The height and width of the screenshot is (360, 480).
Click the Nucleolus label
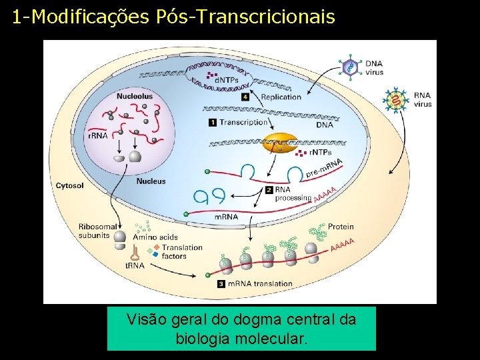coord(134,96)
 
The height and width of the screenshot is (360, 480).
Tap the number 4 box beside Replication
coord(246,97)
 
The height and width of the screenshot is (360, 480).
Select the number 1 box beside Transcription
coord(213,122)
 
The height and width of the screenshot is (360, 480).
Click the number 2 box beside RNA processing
coord(269,189)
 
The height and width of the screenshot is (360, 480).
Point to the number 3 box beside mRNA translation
coord(221,284)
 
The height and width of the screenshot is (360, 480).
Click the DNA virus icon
coord(350,66)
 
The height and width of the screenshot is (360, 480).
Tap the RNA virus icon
coord(398,100)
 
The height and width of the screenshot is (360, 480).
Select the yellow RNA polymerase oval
coord(279,142)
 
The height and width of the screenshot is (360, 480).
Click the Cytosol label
coord(70,185)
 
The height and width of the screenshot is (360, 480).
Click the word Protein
coord(341,227)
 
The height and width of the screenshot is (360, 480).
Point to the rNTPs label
coord(320,153)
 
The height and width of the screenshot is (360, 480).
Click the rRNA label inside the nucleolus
coord(97,135)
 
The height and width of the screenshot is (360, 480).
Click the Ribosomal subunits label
coord(94,230)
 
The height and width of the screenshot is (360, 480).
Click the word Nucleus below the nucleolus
coord(151,181)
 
